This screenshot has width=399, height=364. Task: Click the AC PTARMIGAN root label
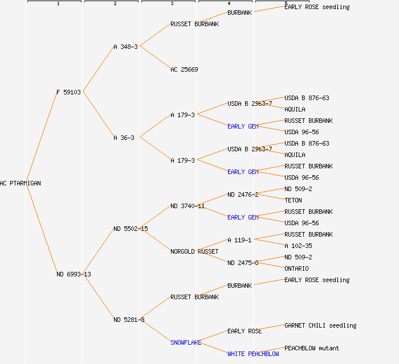(21, 183)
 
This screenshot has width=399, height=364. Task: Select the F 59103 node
(68, 92)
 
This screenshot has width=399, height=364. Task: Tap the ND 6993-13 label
(74, 274)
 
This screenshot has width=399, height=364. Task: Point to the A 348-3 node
(125, 47)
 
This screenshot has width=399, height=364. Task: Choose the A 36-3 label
(124, 138)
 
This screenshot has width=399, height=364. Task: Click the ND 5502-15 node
(131, 229)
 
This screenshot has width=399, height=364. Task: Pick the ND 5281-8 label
(129, 320)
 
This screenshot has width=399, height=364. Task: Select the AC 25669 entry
(184, 69)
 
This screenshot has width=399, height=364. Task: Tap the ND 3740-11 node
(188, 206)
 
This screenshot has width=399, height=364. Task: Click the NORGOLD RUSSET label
(194, 251)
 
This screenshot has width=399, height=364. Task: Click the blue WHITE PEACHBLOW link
(253, 354)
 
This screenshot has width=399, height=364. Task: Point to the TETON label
(293, 200)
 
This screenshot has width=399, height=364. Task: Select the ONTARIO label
(296, 268)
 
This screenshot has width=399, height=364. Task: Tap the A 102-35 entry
(298, 246)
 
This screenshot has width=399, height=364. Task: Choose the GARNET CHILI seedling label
(320, 325)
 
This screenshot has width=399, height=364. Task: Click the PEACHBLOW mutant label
(312, 348)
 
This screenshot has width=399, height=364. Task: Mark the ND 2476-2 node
(243, 195)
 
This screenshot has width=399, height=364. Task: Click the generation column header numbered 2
(115, 4)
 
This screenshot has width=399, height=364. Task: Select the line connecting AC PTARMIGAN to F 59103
(41, 138)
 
